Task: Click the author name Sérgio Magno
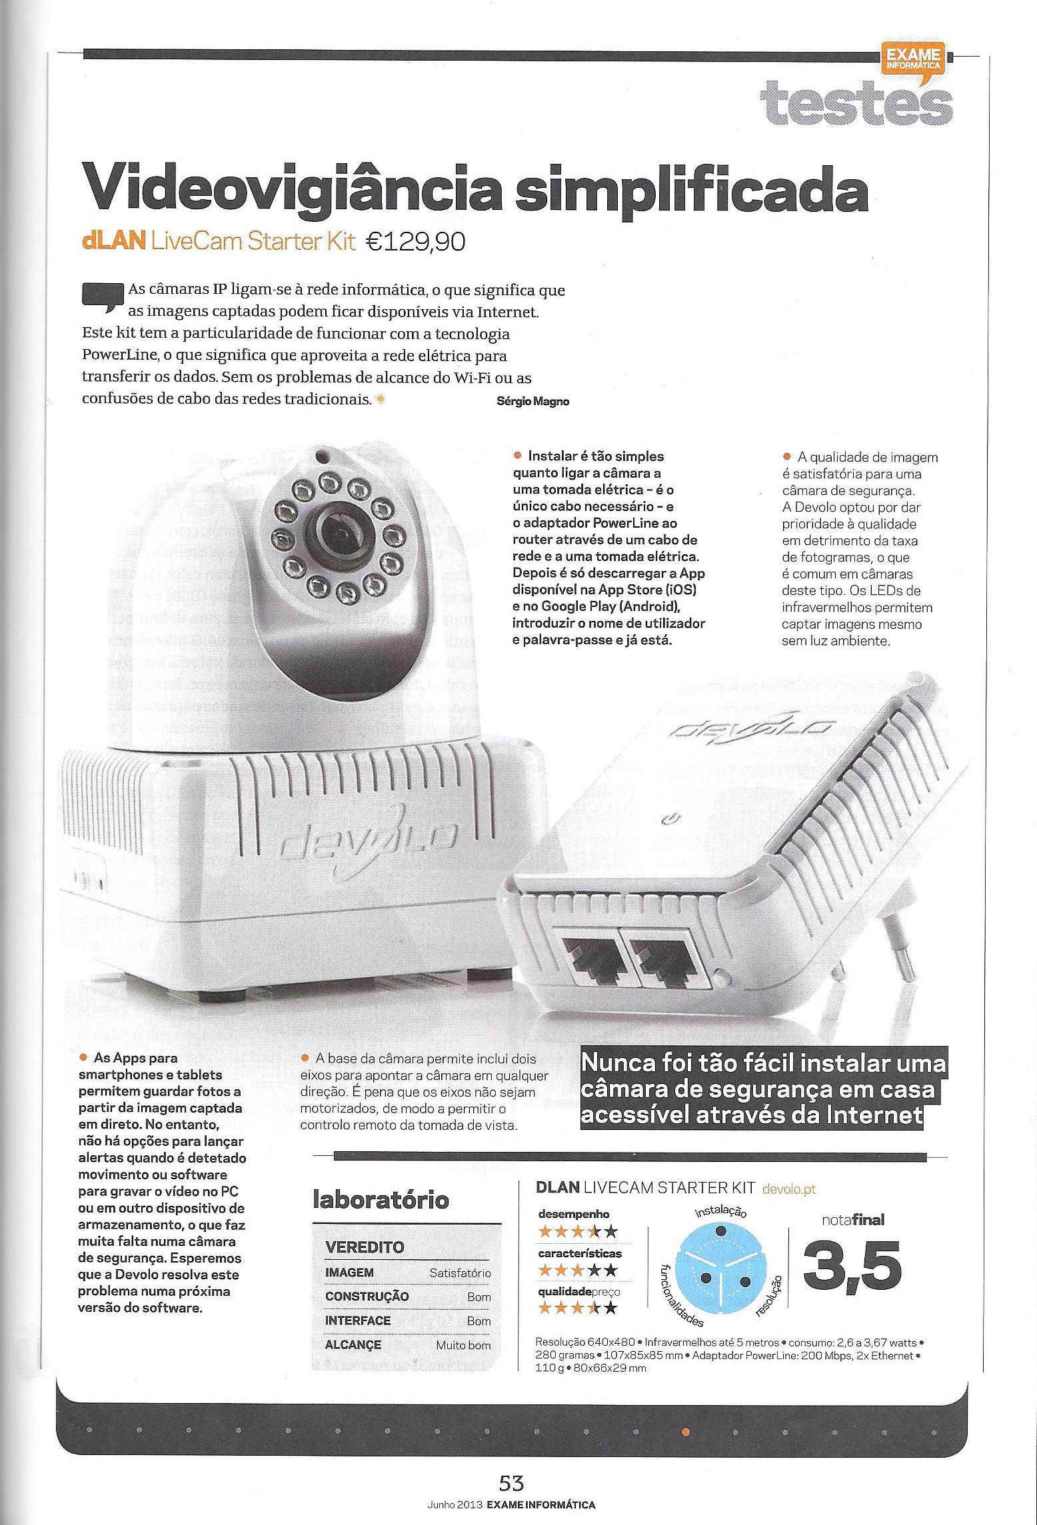[x=533, y=401]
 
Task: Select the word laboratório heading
[x=381, y=1201]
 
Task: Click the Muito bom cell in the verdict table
[x=463, y=1344]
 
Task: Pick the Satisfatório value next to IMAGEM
[x=460, y=1272]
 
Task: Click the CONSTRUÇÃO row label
[x=367, y=1296]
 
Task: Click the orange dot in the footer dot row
[x=686, y=1426]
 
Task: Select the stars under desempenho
[x=577, y=1230]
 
